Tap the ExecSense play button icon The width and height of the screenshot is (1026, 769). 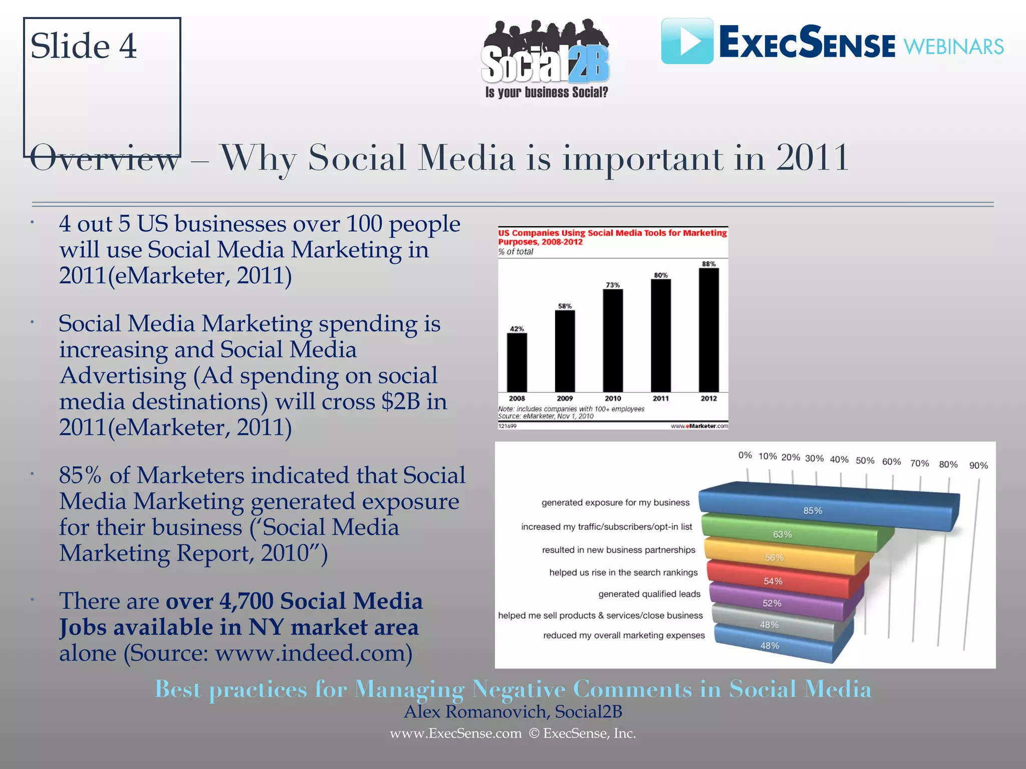pyautogui.click(x=687, y=41)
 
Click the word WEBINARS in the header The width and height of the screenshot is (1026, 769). pyautogui.click(x=953, y=47)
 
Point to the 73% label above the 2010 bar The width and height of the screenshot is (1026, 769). pyautogui.click(x=613, y=285)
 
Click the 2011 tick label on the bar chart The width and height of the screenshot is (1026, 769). pyautogui.click(x=660, y=399)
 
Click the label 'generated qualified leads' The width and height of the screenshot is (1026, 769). pyautogui.click(x=649, y=594)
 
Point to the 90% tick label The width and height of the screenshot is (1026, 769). pyautogui.click(x=978, y=466)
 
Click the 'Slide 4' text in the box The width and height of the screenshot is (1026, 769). pyautogui.click(x=83, y=46)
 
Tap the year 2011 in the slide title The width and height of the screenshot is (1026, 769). pyautogui.click(x=812, y=158)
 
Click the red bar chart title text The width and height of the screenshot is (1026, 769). pyautogui.click(x=612, y=237)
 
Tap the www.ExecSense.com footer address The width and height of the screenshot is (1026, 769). pyautogui.click(x=455, y=733)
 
